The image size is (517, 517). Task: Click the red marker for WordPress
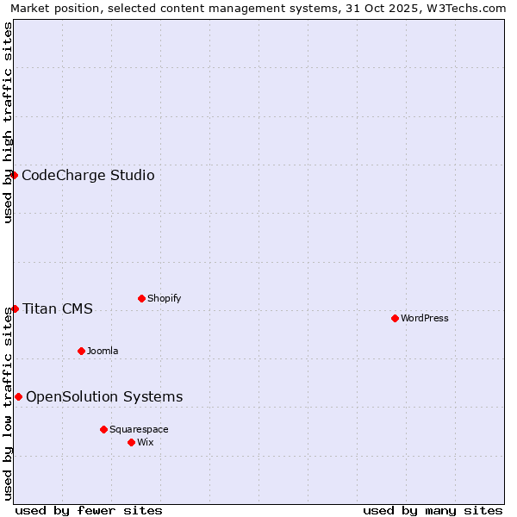(x=395, y=318)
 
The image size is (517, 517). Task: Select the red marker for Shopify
(x=141, y=298)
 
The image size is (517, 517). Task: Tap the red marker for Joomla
(x=81, y=351)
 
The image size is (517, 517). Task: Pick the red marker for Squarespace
(x=103, y=429)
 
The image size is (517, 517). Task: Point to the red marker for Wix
(x=131, y=442)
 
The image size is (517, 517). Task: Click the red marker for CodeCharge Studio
(x=14, y=175)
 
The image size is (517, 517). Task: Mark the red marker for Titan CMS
(x=15, y=308)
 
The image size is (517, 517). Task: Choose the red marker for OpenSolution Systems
(x=18, y=396)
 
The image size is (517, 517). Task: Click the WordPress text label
(x=425, y=318)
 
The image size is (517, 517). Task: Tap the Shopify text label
(x=165, y=298)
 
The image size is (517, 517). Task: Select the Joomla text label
(x=103, y=351)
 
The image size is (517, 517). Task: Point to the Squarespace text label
(x=139, y=429)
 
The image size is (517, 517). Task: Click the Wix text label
(x=146, y=442)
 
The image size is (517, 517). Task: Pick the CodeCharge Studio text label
(x=88, y=176)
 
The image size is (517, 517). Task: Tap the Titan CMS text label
(x=58, y=309)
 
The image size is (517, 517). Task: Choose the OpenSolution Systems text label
(x=104, y=397)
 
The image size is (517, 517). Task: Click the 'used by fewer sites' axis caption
(x=89, y=510)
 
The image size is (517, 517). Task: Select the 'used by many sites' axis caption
(x=433, y=510)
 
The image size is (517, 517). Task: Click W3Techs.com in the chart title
(x=470, y=9)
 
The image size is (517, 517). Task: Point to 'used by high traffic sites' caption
(x=8, y=122)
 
